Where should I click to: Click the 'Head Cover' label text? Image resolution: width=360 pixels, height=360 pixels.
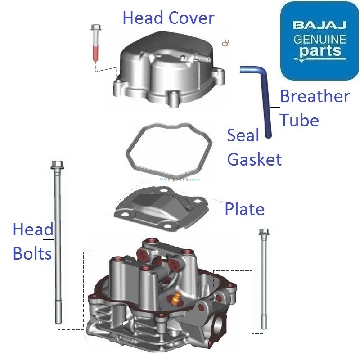point(168,18)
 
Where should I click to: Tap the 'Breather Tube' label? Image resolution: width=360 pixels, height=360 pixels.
point(314,108)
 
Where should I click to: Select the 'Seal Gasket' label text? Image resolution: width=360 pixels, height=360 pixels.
point(254,147)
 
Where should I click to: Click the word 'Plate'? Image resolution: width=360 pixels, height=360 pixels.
point(244,209)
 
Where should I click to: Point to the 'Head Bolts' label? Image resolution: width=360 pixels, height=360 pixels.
point(32,242)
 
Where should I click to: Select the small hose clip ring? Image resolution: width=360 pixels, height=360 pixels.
point(226,43)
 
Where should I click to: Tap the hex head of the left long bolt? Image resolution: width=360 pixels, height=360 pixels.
point(57,165)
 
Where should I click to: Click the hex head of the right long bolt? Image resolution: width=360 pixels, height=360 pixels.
point(264,233)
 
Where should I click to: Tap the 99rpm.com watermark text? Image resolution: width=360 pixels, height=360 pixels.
point(180,179)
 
